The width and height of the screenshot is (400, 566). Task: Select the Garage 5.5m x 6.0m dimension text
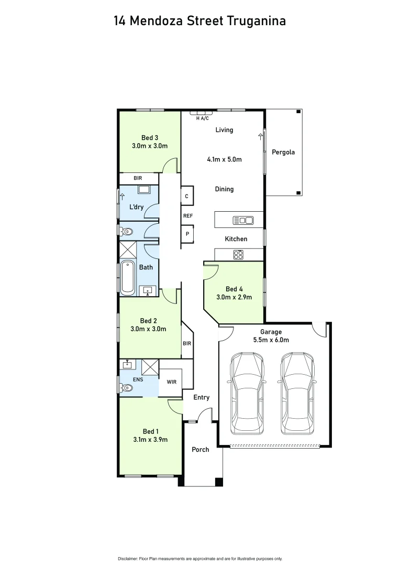(x=271, y=340)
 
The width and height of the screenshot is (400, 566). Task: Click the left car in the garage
(x=248, y=393)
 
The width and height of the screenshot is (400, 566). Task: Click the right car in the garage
(x=297, y=393)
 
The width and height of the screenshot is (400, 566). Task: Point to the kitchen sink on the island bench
(x=243, y=221)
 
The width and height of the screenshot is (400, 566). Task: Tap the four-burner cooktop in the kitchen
(x=238, y=255)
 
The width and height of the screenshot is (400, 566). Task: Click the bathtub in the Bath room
(x=128, y=277)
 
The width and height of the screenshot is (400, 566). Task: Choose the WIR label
(x=171, y=382)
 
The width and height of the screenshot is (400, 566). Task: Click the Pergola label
(x=283, y=153)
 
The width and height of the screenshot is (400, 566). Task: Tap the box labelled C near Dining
(x=187, y=196)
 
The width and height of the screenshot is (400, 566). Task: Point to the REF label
(x=188, y=215)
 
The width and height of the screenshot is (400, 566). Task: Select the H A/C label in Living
(x=202, y=118)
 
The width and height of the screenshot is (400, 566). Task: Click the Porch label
(x=201, y=449)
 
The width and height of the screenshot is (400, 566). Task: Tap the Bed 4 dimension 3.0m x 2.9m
(x=234, y=297)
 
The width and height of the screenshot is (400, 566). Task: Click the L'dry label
(x=137, y=207)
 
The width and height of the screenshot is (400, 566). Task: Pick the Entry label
(x=201, y=397)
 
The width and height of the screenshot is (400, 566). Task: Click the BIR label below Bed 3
(x=138, y=179)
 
